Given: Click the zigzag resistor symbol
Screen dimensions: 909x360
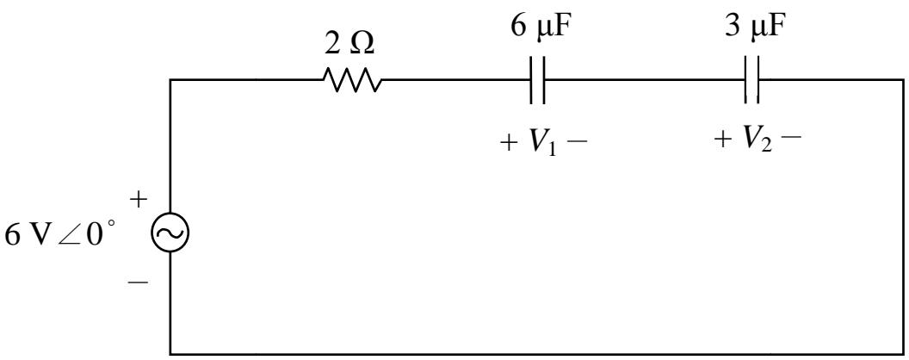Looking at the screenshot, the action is tap(352, 80).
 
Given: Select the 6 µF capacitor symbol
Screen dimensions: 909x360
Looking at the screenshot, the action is tap(537, 80).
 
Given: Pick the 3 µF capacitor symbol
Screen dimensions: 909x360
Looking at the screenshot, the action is tap(751, 80).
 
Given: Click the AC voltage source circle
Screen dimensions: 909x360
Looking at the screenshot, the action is tap(170, 233).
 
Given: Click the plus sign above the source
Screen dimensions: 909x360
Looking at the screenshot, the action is tap(139, 201).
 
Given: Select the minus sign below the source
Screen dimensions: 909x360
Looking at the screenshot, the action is tap(139, 282).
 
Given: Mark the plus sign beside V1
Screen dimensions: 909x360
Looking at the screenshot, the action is tap(509, 143).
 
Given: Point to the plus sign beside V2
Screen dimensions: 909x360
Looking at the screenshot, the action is tap(723, 141).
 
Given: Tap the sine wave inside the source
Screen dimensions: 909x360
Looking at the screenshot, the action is tap(170, 233).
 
